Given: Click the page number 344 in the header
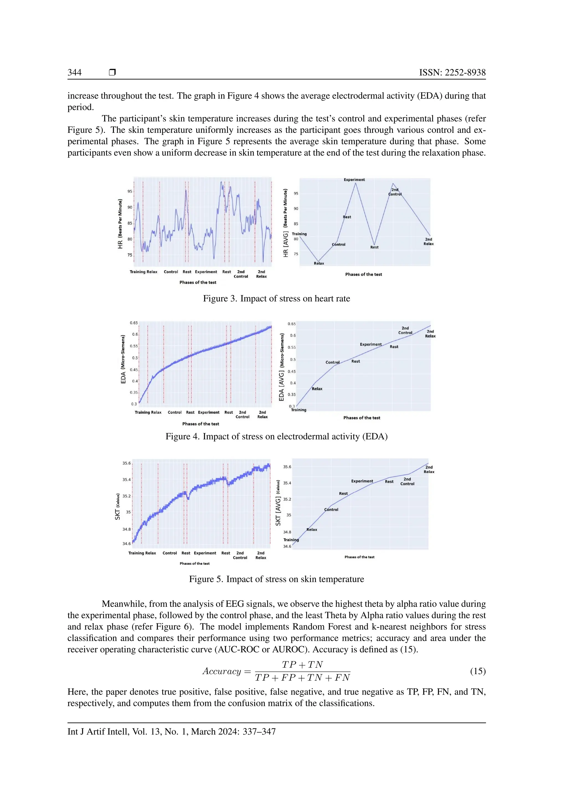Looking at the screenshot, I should pyautogui.click(x=74, y=72).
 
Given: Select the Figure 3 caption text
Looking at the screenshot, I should pyautogui.click(x=277, y=299).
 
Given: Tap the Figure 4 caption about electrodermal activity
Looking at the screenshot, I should pyautogui.click(x=277, y=437).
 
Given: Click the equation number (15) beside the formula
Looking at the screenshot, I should pyautogui.click(x=478, y=671).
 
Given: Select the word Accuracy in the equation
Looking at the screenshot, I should pyautogui.click(x=222, y=671).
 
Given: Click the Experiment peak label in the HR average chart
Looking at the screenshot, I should pyautogui.click(x=354, y=179).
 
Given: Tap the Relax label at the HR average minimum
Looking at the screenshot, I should pyautogui.click(x=319, y=263).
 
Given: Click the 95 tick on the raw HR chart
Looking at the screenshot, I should pyautogui.click(x=130, y=191).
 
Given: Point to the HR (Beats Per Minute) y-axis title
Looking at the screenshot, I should pyautogui.click(x=120, y=223).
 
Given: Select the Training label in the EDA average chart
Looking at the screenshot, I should pyautogui.click(x=298, y=410).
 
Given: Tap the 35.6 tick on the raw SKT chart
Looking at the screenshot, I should pyautogui.click(x=127, y=463).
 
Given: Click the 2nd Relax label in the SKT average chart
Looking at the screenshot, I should pyautogui.click(x=429, y=469).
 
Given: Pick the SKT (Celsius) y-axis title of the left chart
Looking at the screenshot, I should pyautogui.click(x=118, y=507).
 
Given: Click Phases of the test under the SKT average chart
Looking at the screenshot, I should pyautogui.click(x=359, y=557).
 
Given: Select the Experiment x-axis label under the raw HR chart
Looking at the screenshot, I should pyautogui.click(x=206, y=272).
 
